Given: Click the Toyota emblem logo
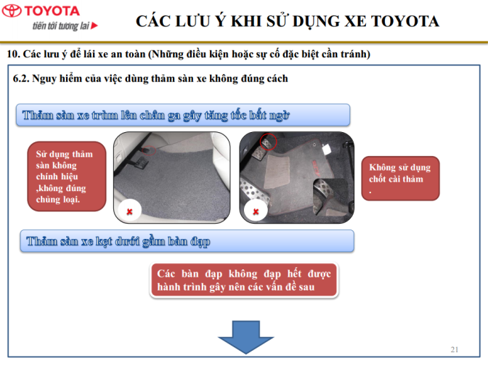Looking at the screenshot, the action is click(x=12, y=11).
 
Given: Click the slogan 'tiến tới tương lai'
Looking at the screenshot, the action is click(x=61, y=25).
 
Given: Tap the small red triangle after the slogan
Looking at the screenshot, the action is click(x=94, y=25).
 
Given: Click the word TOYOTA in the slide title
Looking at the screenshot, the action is click(x=405, y=21).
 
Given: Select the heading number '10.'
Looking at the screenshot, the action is click(x=13, y=54).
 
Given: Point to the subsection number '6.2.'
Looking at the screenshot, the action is click(x=21, y=78).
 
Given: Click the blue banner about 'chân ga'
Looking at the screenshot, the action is click(x=183, y=115).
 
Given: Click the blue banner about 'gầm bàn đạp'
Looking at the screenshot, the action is click(x=187, y=241).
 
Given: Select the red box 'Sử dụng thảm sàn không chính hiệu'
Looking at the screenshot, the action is click(x=67, y=176).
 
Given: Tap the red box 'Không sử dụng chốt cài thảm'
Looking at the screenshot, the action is click(x=400, y=179).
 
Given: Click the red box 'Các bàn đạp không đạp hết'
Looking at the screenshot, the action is click(x=244, y=280).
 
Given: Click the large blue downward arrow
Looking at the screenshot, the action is click(x=246, y=337).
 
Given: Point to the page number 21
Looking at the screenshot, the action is click(x=455, y=349).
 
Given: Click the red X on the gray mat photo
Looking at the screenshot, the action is click(x=129, y=211).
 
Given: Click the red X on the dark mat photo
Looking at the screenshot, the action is click(x=256, y=211).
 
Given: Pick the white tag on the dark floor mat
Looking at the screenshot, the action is click(x=327, y=149).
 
